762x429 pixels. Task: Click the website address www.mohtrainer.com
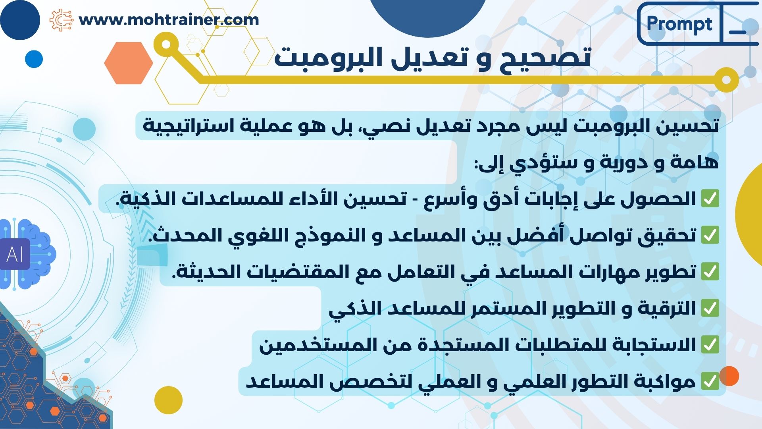169,19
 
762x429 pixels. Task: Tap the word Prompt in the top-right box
679,24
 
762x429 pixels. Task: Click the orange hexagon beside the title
129,63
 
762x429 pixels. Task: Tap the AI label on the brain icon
15,254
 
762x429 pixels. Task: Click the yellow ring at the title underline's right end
726,79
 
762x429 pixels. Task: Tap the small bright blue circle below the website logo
34,59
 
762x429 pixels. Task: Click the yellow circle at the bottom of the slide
168,400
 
